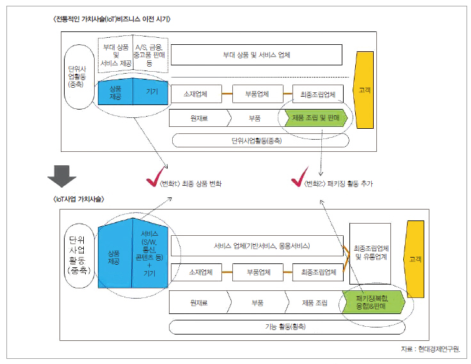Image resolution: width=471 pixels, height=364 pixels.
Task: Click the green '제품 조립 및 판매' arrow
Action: (x=314, y=119)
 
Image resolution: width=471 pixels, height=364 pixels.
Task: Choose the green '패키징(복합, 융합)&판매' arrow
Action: (x=373, y=301)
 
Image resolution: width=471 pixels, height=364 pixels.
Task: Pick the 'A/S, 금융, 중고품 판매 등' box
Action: (x=148, y=55)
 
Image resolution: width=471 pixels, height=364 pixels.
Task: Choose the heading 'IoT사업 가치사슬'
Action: (x=79, y=199)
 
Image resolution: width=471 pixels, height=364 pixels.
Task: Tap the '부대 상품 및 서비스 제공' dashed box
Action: (x=115, y=55)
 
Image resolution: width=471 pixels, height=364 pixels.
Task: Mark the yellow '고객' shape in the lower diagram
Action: (x=417, y=259)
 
